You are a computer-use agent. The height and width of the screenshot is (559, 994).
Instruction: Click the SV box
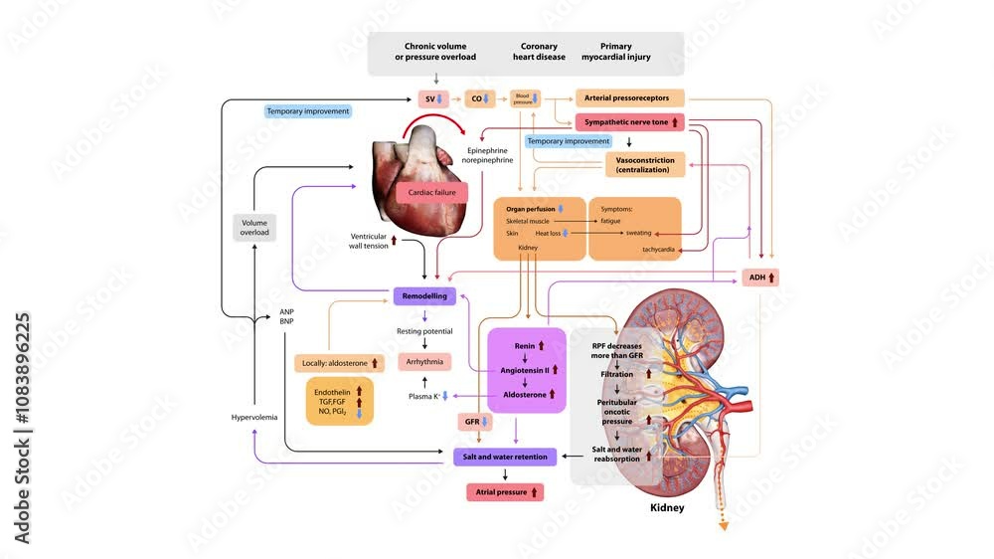(434, 98)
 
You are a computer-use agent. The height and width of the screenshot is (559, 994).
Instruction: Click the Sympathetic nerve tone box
(629, 121)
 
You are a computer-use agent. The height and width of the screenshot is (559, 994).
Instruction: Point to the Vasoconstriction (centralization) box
(643, 165)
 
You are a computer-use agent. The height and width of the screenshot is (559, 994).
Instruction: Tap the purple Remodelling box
(424, 295)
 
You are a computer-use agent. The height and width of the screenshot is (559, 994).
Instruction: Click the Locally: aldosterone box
(338, 363)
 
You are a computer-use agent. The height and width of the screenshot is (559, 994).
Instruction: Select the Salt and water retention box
(504, 457)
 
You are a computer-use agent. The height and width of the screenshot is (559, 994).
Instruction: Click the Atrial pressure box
(504, 491)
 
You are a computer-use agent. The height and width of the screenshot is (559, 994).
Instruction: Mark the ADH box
(759, 277)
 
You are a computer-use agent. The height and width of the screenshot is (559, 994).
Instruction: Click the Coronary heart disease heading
(539, 52)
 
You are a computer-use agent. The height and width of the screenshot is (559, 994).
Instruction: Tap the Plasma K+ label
(425, 396)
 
